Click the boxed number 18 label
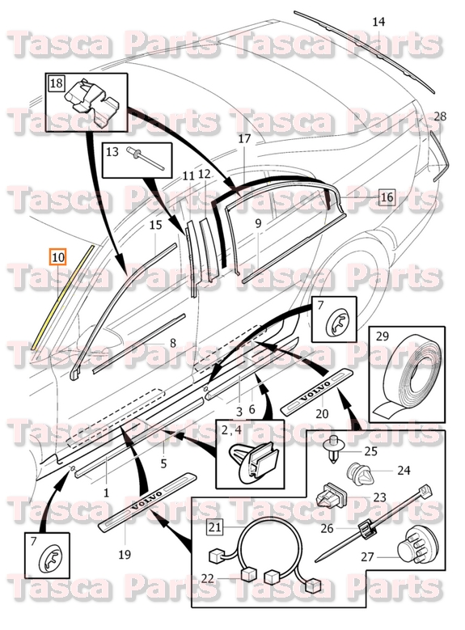pyautogui.click(x=57, y=82)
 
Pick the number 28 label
pyautogui.click(x=439, y=116)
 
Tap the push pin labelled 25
pyautogui.click(x=332, y=451)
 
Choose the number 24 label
pyautogui.click(x=403, y=470)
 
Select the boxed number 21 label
pyautogui.click(x=215, y=528)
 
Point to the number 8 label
pyautogui.click(x=172, y=343)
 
